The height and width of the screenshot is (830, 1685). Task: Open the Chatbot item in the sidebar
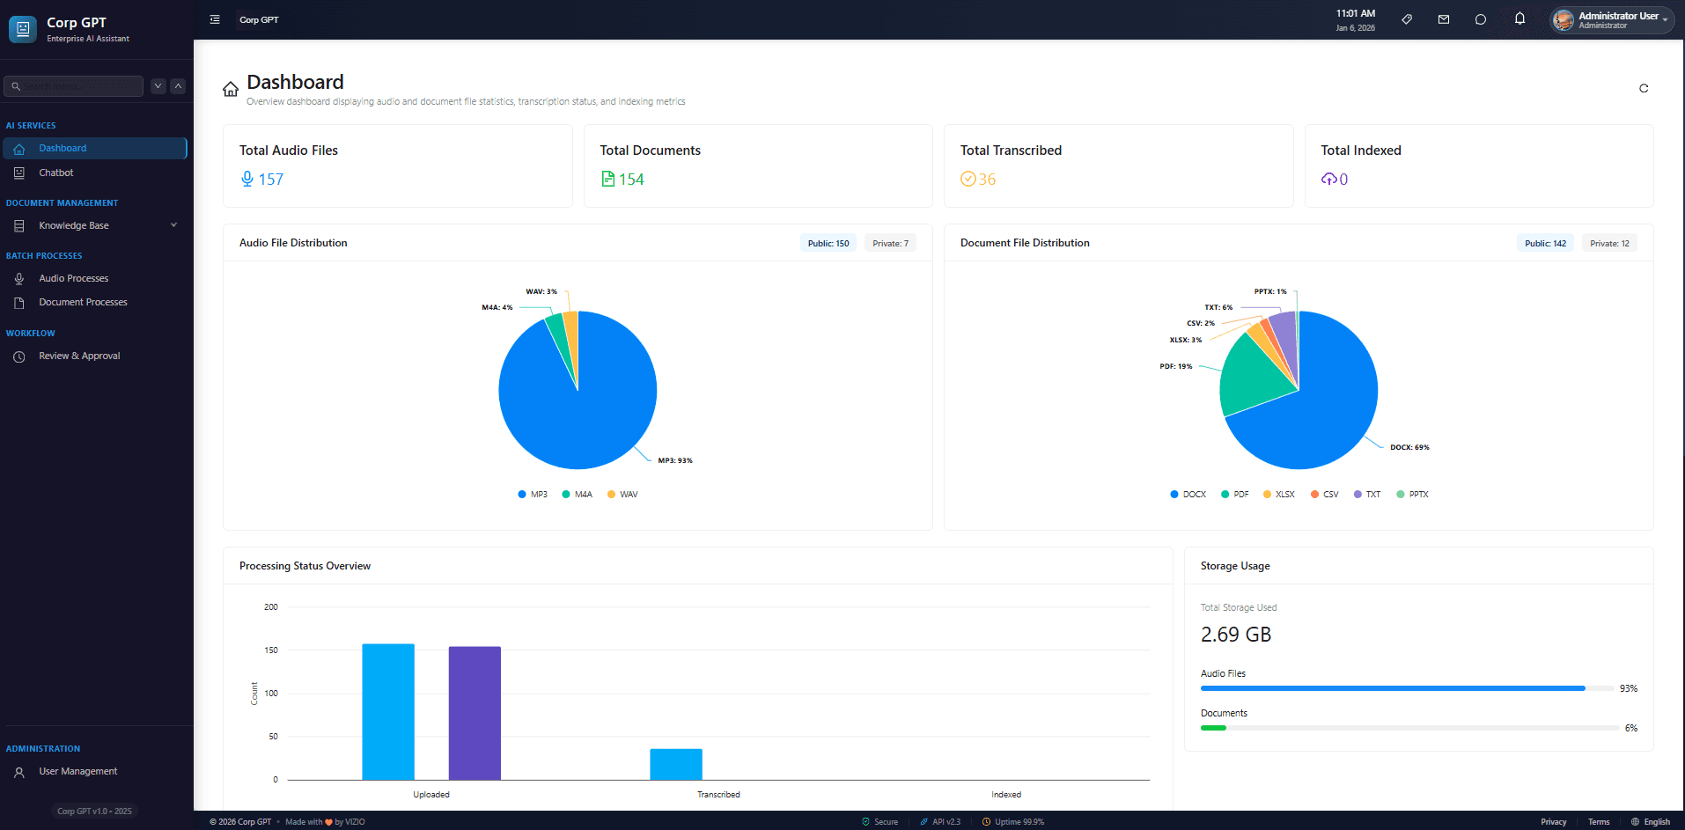pyautogui.click(x=55, y=173)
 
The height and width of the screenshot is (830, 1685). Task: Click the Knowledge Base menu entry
pyautogui.click(x=74, y=225)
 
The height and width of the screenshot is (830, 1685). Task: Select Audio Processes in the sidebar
pyautogui.click(x=73, y=278)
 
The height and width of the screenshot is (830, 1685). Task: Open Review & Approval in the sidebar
pyautogui.click(x=79, y=356)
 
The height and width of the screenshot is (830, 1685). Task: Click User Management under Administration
pyautogui.click(x=77, y=771)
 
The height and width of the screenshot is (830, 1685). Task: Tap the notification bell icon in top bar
pyautogui.click(x=1519, y=18)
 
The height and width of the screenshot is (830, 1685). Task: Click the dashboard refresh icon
pyautogui.click(x=1643, y=88)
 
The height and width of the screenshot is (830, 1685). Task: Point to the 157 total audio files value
pyautogui.click(x=270, y=180)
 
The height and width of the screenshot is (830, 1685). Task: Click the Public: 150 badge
pyautogui.click(x=828, y=244)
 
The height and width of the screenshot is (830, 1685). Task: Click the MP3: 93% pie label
pyautogui.click(x=675, y=460)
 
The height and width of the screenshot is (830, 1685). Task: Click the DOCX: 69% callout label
pyautogui.click(x=1409, y=447)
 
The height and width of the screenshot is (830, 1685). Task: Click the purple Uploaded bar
pyautogui.click(x=475, y=713)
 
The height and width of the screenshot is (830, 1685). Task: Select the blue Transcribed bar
pyautogui.click(x=675, y=764)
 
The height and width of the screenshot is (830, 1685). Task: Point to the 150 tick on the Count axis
pyautogui.click(x=271, y=650)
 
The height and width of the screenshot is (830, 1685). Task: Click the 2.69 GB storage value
pyautogui.click(x=1235, y=635)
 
